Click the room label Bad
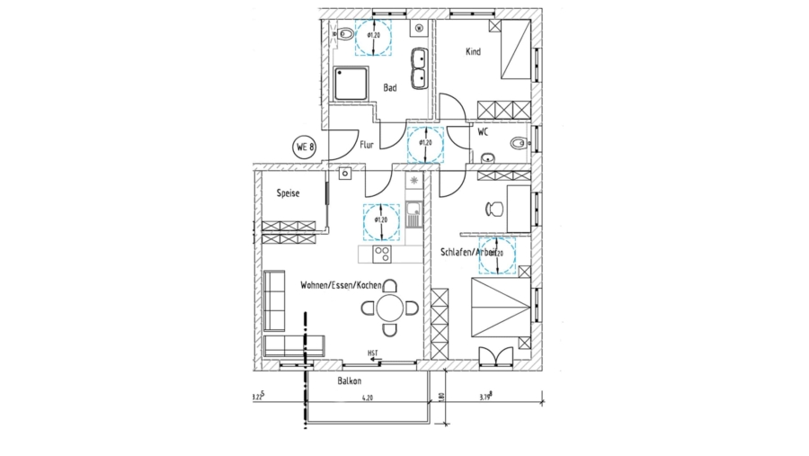click(390, 88)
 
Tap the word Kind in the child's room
click(473, 52)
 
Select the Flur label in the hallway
click(367, 144)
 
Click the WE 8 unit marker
click(305, 147)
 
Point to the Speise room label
click(288, 193)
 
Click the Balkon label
click(351, 381)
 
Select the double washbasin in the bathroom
click(419, 68)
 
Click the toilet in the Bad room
click(342, 34)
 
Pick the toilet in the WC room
click(518, 143)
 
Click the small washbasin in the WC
click(487, 159)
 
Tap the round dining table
click(390, 308)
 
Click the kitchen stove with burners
click(413, 183)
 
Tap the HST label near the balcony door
click(372, 353)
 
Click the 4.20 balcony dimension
click(367, 397)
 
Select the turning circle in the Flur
click(424, 143)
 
